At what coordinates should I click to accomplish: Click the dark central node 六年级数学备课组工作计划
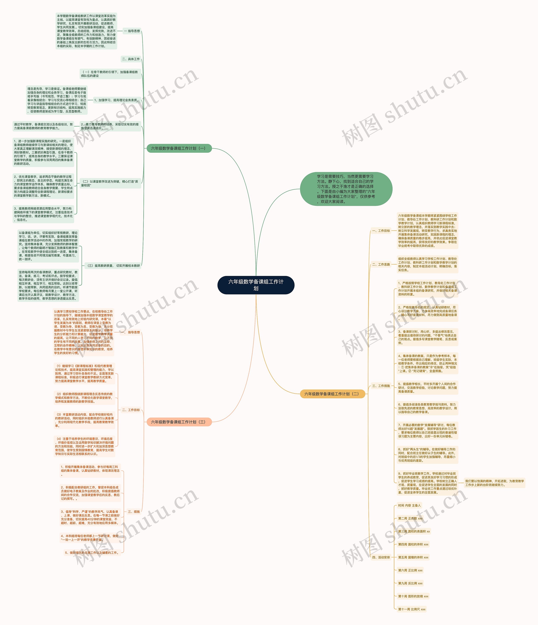(256, 285)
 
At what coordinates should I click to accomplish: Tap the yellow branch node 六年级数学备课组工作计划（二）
(332, 394)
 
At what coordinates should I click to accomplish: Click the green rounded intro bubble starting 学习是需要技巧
(346, 189)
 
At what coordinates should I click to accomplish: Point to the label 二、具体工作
(131, 59)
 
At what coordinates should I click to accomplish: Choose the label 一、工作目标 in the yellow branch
(381, 231)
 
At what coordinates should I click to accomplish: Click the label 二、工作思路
(381, 265)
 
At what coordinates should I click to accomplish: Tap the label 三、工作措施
(381, 386)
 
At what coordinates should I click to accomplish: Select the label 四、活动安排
(381, 557)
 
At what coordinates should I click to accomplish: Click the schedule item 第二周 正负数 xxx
(410, 519)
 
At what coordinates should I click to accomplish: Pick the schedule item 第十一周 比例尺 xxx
(411, 609)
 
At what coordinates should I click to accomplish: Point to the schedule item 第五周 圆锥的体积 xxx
(413, 557)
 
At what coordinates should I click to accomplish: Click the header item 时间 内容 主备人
(409, 506)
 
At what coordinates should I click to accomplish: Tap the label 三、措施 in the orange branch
(134, 512)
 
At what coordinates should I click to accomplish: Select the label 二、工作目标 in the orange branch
(131, 410)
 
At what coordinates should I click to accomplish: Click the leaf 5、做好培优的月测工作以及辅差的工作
(92, 553)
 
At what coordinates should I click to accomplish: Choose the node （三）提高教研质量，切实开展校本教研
(113, 266)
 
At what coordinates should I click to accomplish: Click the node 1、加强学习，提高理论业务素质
(116, 100)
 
